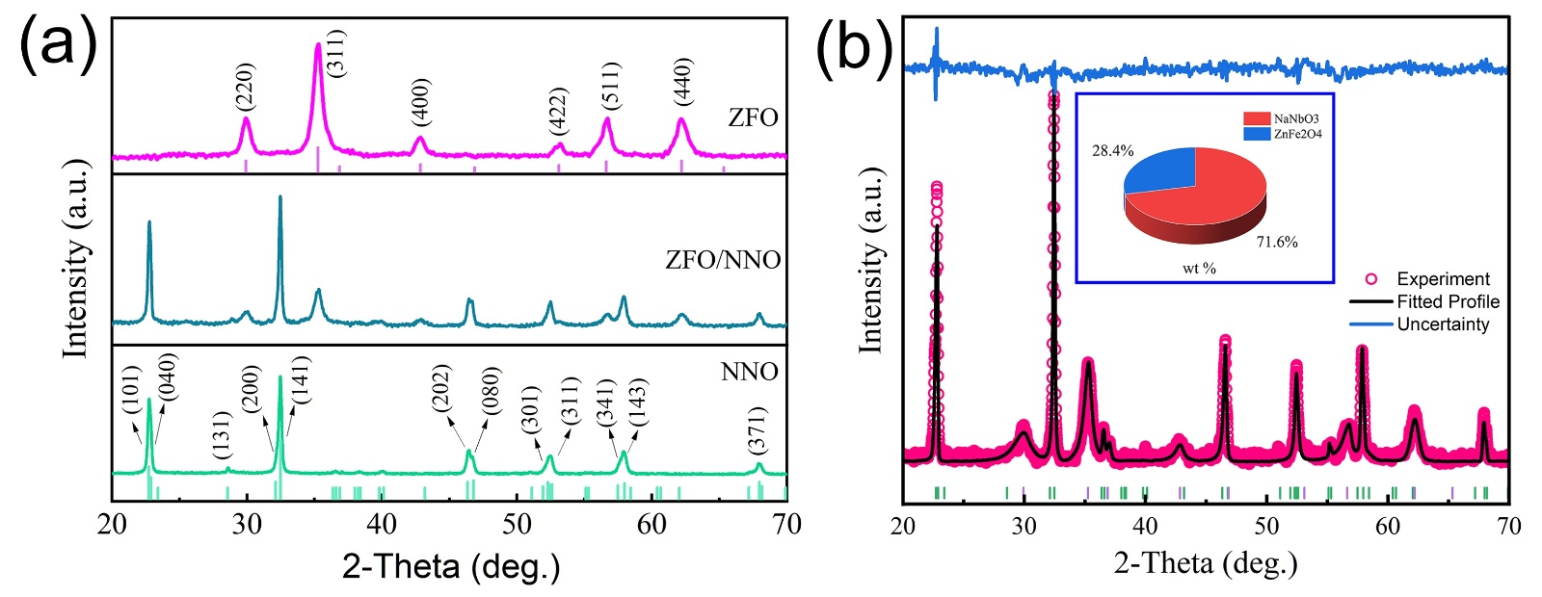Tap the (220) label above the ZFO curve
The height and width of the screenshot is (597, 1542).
246,86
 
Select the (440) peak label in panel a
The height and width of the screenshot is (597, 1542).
682,82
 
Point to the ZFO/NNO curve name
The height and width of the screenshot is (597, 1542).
723,260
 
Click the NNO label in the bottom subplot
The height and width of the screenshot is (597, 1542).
749,372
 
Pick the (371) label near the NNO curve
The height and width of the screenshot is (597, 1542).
758,430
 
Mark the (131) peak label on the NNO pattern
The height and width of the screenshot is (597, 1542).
223,435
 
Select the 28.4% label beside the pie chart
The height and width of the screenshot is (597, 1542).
1112,151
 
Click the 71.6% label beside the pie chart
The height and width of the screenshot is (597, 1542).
1277,243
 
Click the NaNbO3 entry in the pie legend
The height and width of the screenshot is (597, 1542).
1283,119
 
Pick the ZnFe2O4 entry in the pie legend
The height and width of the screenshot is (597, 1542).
1285,134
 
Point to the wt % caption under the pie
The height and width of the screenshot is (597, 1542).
1199,269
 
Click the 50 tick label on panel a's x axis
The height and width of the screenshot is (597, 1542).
518,525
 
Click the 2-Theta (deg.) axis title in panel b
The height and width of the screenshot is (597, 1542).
1206,563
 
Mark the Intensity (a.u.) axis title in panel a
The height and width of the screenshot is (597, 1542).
75,260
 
